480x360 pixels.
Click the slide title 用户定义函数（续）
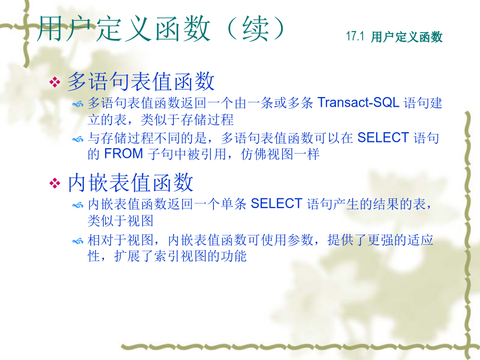161,29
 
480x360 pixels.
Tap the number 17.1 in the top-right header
355,36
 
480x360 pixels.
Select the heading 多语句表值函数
141,81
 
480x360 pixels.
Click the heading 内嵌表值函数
131,182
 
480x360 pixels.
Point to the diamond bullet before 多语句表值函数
55,82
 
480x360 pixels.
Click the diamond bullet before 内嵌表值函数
55,183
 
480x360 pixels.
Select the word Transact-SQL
358,102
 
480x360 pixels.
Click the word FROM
124,154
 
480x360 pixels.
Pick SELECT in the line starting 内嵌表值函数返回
276,204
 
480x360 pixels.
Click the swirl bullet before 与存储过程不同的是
78,140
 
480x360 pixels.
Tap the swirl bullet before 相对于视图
78,242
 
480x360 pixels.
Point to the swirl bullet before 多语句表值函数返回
78,105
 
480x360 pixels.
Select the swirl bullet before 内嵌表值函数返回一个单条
78,205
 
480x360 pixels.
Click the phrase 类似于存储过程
187,119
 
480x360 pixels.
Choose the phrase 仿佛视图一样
280,154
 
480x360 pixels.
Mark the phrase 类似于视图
121,220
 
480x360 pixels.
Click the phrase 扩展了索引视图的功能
180,255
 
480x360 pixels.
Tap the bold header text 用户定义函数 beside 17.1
407,37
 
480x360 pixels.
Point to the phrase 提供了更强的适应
380,239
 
